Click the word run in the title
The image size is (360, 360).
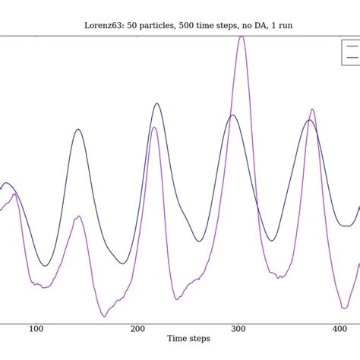point(285,25)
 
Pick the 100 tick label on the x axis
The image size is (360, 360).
point(36,329)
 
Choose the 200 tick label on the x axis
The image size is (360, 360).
point(137,329)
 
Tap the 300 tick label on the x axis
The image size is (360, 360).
point(238,329)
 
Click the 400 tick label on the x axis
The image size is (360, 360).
point(339,329)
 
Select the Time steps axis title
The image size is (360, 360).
point(188,339)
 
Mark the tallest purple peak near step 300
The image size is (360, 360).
point(242,36)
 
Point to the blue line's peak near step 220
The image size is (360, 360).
point(157,103)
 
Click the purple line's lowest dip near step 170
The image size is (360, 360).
point(104,316)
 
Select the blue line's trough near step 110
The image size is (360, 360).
point(45,266)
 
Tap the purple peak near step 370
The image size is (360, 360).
point(312,109)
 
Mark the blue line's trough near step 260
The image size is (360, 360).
point(198,242)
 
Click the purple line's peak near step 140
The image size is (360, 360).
point(77,216)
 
